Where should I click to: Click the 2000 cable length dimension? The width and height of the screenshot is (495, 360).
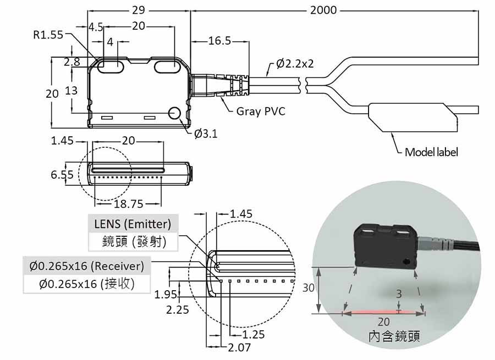pos(324,10)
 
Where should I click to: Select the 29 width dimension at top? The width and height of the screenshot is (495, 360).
pos(139,10)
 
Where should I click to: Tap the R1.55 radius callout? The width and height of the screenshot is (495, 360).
pos(48,35)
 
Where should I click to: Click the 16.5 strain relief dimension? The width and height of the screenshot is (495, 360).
pos(219,41)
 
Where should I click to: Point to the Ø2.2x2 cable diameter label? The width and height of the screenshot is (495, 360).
pos(295,64)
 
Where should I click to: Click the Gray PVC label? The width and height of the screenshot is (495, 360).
pos(261,112)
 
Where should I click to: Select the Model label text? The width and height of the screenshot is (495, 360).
pos(431,152)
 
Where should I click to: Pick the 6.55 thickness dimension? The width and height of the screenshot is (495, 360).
pos(62,175)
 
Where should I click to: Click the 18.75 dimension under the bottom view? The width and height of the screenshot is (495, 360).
pos(128,204)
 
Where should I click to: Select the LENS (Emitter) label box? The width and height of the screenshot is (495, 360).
pos(133,224)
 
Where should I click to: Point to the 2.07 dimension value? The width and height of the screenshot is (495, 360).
pos(239,347)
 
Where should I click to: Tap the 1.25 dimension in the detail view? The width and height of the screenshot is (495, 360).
pos(253,334)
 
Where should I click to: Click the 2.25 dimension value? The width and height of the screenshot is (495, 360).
pos(178,309)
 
